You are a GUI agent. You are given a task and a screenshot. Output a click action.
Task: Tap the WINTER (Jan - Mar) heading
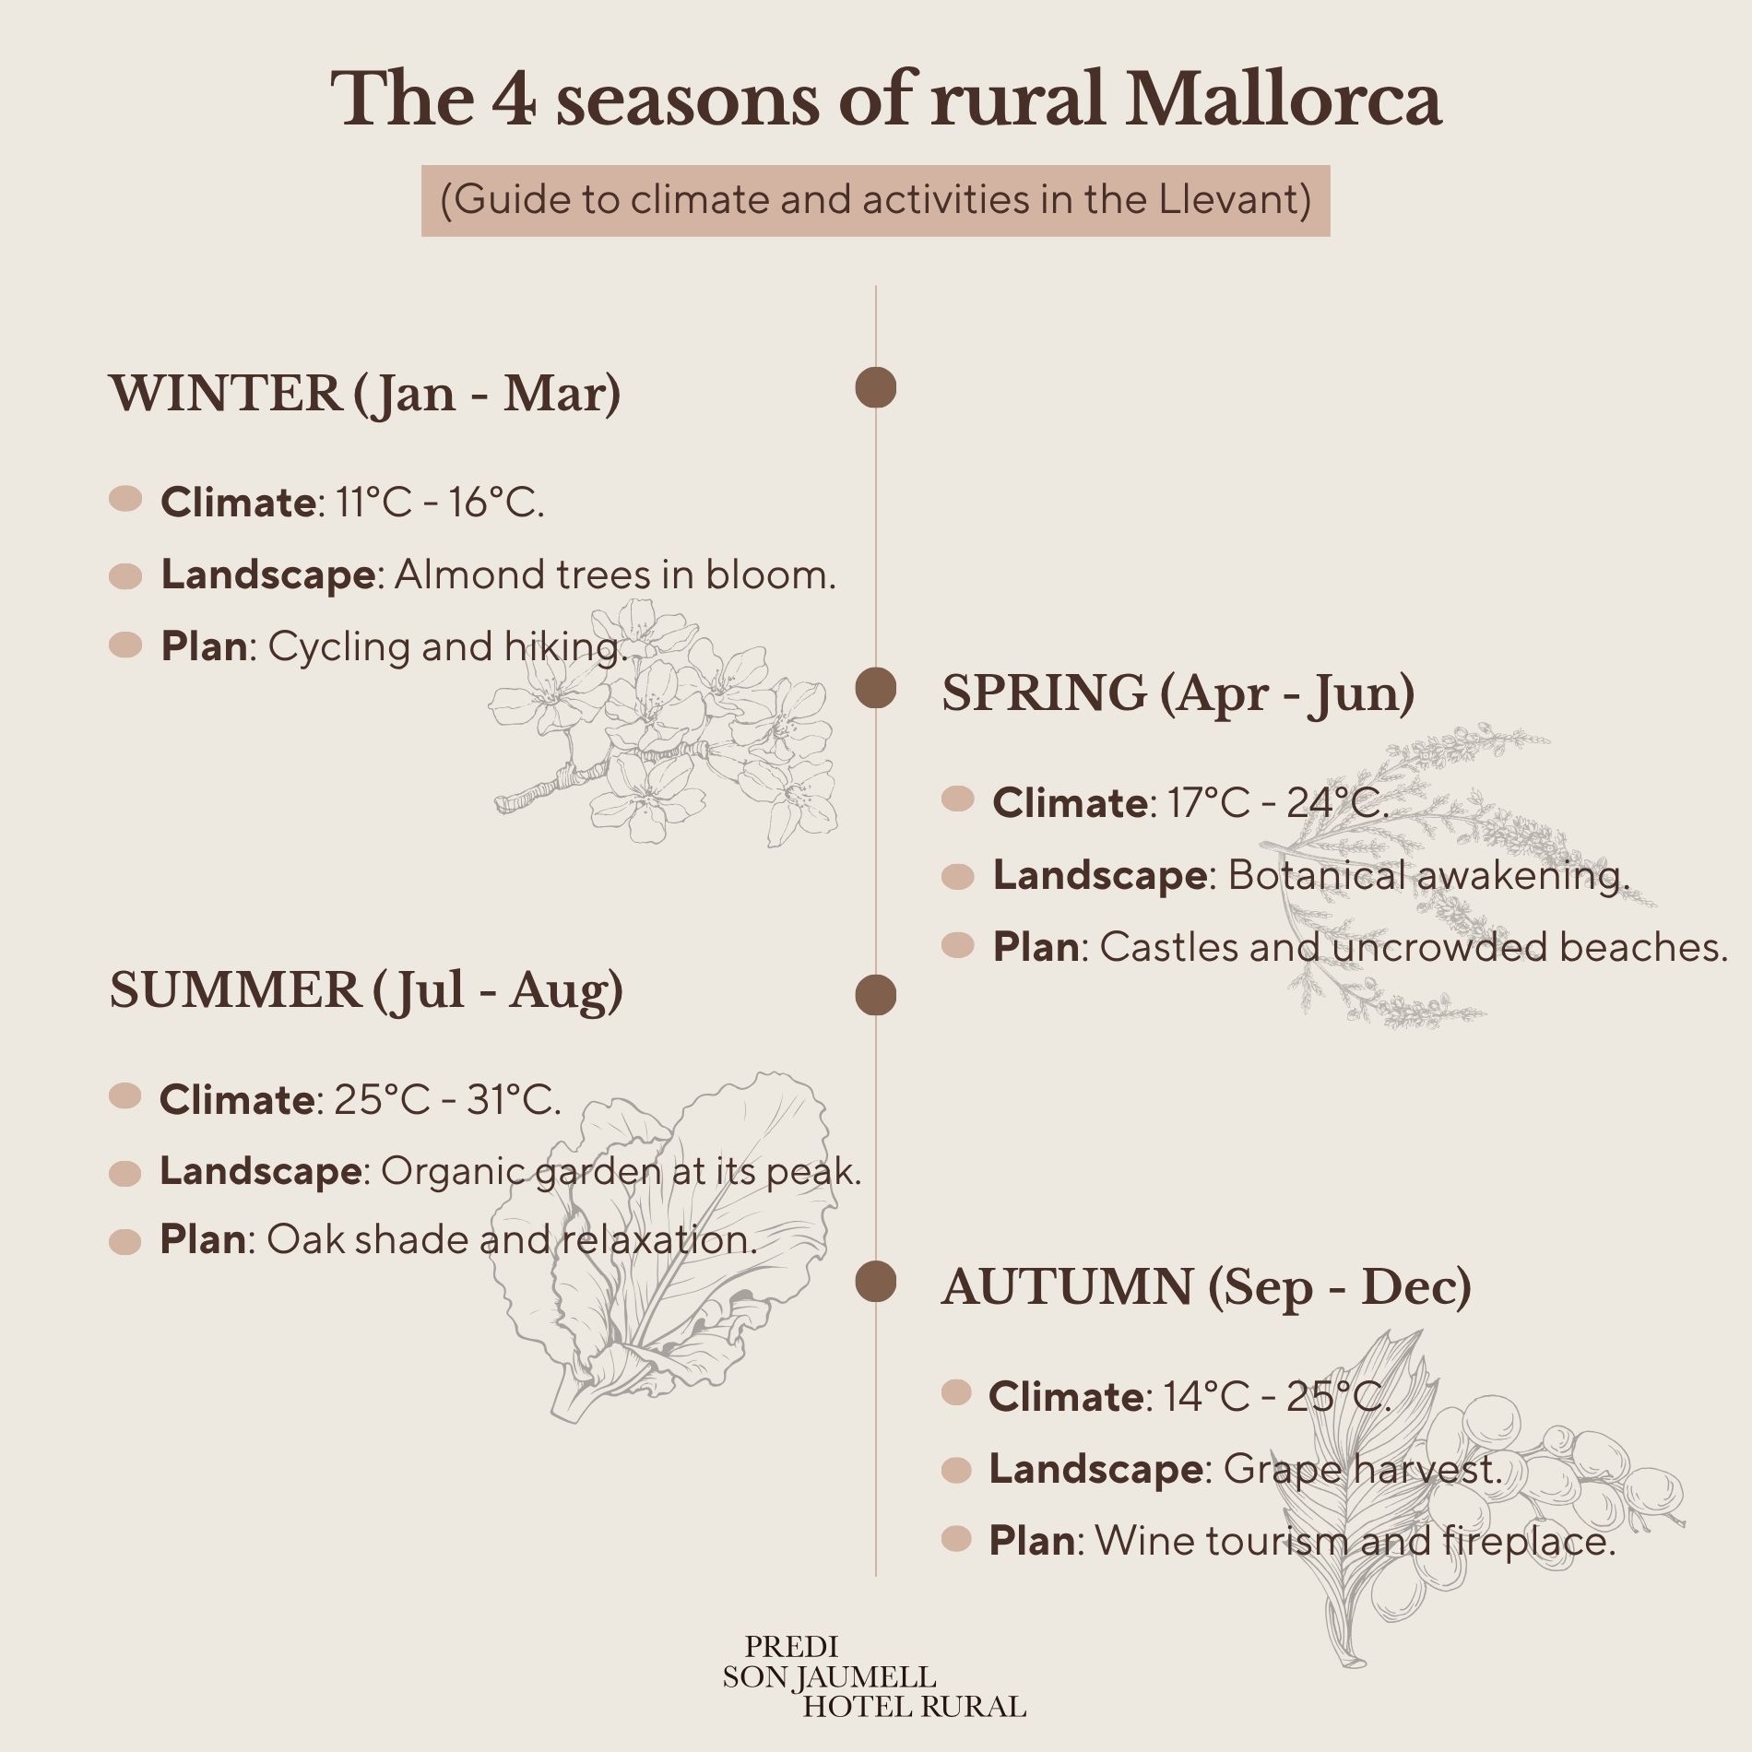click(365, 394)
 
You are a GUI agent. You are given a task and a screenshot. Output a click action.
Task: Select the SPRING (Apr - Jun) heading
click(1178, 693)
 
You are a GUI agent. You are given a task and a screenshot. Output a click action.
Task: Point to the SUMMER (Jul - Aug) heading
click(366, 991)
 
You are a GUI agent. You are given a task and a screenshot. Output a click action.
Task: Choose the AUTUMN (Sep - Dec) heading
click(1206, 1287)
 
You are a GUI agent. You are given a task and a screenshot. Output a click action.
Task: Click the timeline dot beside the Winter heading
click(875, 387)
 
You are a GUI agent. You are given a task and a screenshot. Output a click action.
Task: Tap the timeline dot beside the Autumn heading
click(875, 1283)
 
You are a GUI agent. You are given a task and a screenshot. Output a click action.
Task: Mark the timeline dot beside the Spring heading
click(875, 689)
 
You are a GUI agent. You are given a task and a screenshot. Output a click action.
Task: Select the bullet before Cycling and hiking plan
click(125, 645)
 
